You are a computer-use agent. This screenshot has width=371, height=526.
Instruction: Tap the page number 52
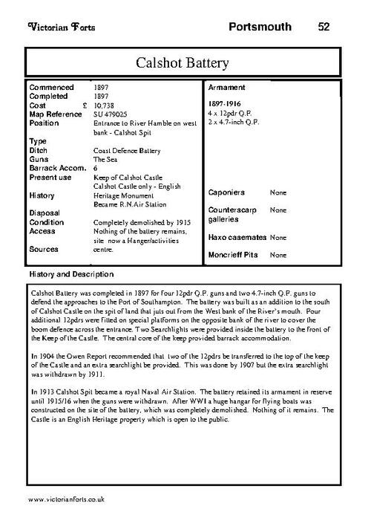pos(324,27)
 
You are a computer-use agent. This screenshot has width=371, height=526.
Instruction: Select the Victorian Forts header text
pos(56,27)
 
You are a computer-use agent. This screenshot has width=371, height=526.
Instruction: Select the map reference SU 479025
pos(110,114)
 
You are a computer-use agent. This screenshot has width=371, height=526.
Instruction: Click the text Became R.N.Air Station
pos(129,203)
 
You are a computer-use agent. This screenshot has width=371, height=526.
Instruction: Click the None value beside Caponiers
pos(278,192)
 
